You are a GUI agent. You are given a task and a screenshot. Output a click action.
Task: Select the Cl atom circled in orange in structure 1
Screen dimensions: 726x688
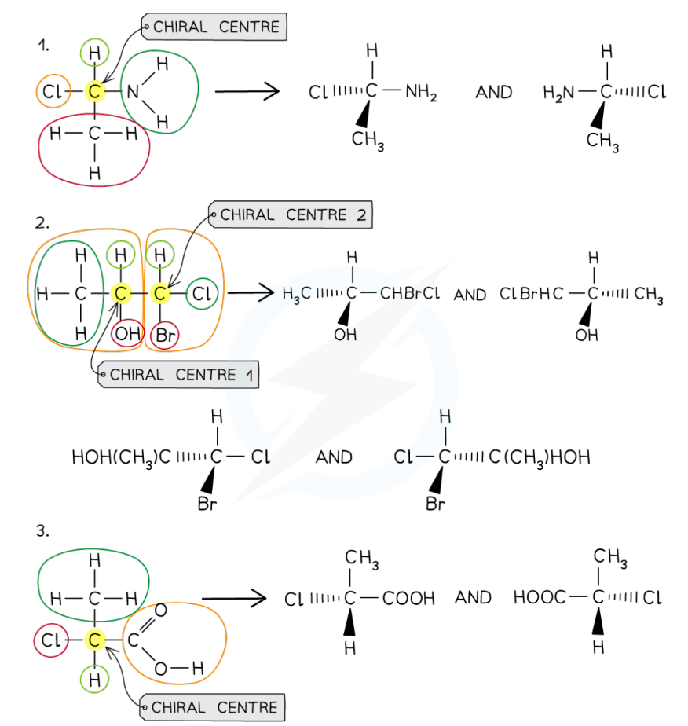coord(52,92)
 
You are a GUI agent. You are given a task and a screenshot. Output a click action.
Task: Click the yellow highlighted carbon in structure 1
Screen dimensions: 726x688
coord(94,92)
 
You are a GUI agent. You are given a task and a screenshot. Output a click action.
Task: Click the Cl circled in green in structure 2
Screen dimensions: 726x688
coord(201,294)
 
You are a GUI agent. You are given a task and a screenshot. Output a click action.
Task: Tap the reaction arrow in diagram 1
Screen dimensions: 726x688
coord(247,92)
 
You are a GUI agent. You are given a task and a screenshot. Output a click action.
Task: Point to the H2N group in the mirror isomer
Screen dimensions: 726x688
coord(558,93)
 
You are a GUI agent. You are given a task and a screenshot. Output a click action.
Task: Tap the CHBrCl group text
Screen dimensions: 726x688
coord(410,295)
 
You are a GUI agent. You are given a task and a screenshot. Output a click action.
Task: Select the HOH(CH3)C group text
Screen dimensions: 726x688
coord(120,457)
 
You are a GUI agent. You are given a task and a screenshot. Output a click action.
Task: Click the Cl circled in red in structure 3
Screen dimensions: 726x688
coord(51,641)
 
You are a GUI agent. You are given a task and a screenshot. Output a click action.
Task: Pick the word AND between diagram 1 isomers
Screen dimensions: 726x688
coord(493,93)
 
